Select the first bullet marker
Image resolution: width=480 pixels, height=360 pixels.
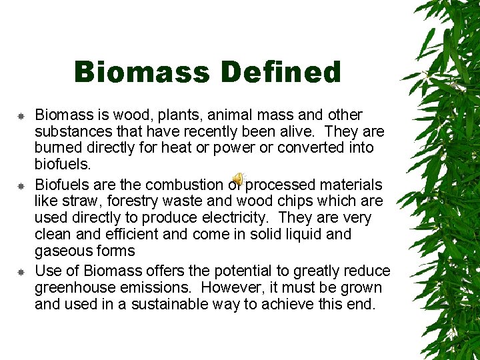[x=21, y=116]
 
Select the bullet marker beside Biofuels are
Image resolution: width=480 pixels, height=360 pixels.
[x=21, y=185]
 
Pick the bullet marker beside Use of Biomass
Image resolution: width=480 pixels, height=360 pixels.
[x=21, y=272]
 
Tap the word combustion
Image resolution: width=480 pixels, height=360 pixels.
[x=183, y=185]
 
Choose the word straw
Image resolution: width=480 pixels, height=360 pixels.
[x=77, y=201]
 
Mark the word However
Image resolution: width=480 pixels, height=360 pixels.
[x=231, y=288]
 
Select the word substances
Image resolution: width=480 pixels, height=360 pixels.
[x=71, y=131]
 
